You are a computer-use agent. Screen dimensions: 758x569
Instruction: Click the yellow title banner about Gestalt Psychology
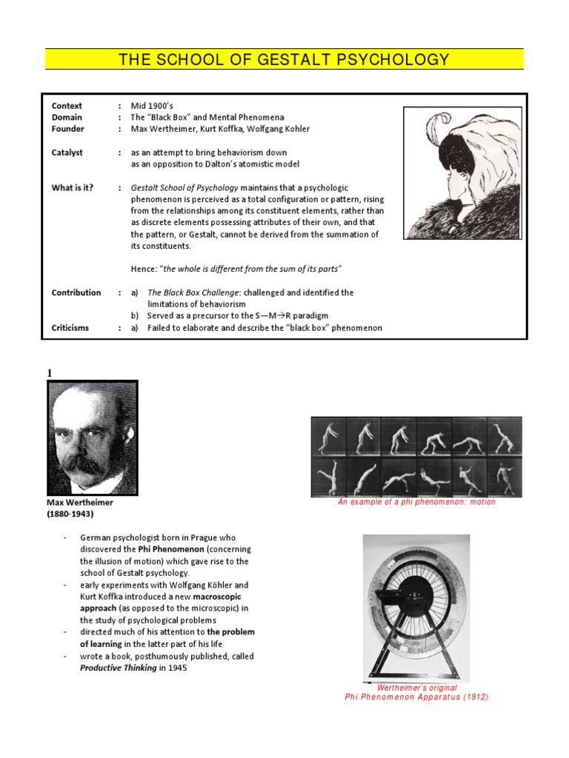coord(284,59)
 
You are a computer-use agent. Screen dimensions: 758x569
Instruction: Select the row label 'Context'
coord(67,106)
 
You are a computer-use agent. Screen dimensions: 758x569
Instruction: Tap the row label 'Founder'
coord(67,129)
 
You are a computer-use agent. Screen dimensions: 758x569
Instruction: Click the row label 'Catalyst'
coord(67,152)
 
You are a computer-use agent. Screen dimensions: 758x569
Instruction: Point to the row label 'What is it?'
coord(73,187)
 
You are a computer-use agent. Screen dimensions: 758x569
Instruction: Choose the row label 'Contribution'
coord(76,292)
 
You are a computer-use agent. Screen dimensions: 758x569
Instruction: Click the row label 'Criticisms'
coord(70,327)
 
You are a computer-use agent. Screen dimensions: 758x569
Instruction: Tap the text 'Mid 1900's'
coord(153,106)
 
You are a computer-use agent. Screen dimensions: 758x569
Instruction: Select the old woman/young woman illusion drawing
coord(462,172)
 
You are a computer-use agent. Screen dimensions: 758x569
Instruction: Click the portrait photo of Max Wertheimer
coord(92,437)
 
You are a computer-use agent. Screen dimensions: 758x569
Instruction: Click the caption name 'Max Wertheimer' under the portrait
coord(80,502)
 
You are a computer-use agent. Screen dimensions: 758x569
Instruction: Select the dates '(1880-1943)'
coord(71,514)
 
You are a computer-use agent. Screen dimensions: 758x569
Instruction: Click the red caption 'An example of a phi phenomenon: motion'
coord(416,502)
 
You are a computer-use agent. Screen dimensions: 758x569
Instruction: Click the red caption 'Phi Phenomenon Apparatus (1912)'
coord(416,697)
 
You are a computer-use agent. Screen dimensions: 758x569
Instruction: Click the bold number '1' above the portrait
coord(50,374)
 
